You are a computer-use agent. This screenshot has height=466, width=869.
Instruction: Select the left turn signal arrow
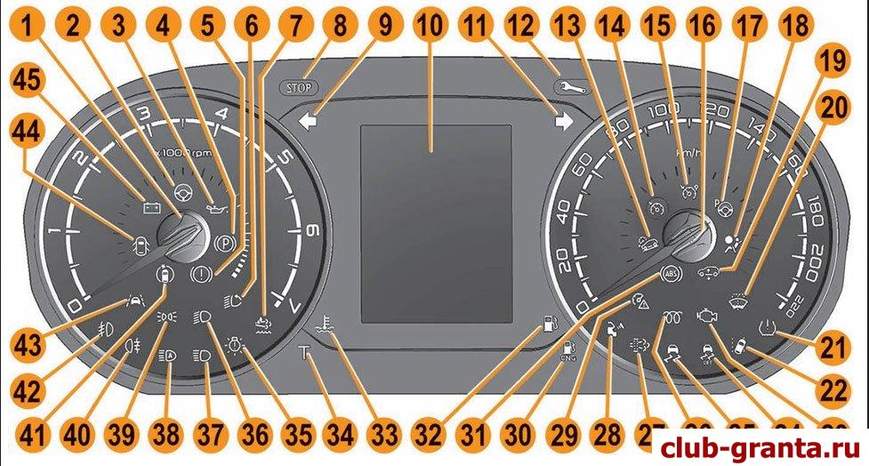[309, 124]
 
